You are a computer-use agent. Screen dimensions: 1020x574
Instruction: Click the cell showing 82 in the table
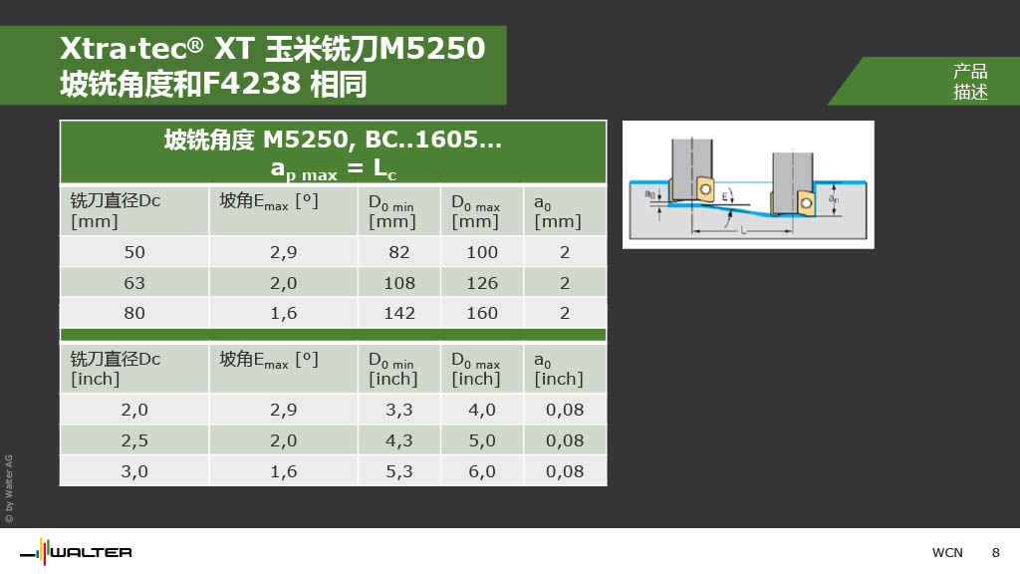click(x=398, y=252)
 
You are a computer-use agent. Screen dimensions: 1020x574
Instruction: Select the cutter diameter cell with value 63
click(x=134, y=283)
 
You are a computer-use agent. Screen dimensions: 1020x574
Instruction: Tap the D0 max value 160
click(x=482, y=313)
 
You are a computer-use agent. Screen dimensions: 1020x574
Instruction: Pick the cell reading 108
click(x=398, y=283)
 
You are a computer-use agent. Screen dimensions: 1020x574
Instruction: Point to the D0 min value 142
click(x=398, y=313)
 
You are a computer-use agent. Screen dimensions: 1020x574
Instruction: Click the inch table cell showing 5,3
click(x=398, y=471)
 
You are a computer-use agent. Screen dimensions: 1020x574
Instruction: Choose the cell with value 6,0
click(x=482, y=471)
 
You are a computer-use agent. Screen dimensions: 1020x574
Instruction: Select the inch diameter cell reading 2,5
click(x=134, y=440)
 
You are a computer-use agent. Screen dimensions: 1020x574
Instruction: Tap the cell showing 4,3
click(x=398, y=440)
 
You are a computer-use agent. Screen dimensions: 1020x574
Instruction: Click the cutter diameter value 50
click(x=134, y=252)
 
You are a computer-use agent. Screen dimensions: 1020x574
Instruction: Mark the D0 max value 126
click(x=482, y=283)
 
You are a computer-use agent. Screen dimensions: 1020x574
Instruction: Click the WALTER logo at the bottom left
click(x=76, y=552)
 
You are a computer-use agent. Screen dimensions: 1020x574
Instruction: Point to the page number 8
click(x=995, y=552)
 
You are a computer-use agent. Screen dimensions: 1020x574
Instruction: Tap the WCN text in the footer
click(x=947, y=552)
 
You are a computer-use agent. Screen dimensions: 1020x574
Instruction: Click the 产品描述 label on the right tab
click(x=970, y=82)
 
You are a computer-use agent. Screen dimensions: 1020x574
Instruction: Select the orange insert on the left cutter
click(x=704, y=189)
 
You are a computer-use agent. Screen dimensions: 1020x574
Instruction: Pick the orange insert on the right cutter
click(x=805, y=202)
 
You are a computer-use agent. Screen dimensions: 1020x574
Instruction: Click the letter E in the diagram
click(x=725, y=196)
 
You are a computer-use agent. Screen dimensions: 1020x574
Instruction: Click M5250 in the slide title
click(x=432, y=48)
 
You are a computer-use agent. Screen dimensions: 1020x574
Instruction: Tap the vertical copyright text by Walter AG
click(x=9, y=488)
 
